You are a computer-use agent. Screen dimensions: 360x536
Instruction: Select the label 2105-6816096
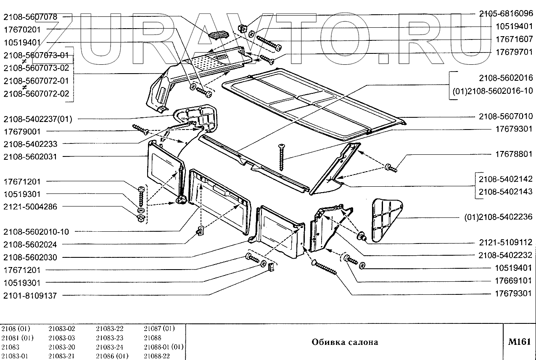(x=506, y=13)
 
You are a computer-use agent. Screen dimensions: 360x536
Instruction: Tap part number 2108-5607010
(x=506, y=116)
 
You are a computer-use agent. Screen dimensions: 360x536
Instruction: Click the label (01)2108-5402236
(x=498, y=217)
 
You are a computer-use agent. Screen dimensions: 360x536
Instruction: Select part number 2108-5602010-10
(x=36, y=232)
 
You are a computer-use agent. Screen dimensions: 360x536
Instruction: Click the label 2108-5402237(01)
(x=37, y=119)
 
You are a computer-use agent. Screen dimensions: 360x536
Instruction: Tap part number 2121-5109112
(x=506, y=243)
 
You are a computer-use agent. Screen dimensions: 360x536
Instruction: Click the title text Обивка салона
(x=345, y=342)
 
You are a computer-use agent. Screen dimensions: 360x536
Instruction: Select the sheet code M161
(x=520, y=341)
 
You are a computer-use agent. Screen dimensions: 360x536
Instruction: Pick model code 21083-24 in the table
(x=110, y=347)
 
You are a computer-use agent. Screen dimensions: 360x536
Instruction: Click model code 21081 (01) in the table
(x=18, y=338)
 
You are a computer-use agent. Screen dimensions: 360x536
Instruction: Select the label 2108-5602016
(x=506, y=78)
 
